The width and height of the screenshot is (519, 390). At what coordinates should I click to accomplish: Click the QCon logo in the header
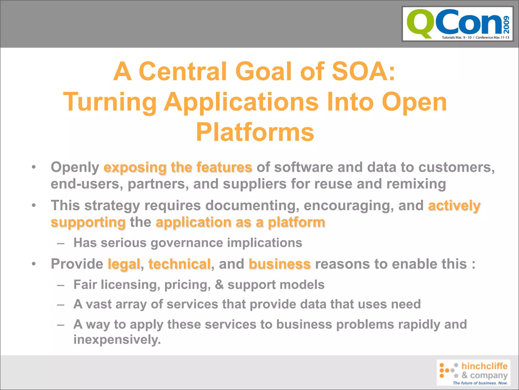click(457, 24)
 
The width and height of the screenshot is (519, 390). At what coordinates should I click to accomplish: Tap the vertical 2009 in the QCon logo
click(506, 25)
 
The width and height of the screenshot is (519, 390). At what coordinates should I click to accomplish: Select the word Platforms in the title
click(255, 132)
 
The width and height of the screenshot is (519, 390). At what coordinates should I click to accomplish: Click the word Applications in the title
click(241, 102)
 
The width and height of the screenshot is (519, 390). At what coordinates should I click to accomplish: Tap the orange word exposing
click(135, 168)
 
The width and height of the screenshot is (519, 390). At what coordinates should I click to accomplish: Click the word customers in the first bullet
click(456, 168)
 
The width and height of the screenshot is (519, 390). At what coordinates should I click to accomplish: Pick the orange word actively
click(454, 205)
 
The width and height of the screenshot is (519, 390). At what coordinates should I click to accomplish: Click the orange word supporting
click(88, 222)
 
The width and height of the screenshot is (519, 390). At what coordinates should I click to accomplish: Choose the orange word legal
click(124, 264)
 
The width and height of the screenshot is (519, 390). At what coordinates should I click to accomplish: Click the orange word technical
click(179, 264)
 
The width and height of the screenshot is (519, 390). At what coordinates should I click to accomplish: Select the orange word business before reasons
click(280, 264)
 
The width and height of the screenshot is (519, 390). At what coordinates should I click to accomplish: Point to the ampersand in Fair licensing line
click(219, 284)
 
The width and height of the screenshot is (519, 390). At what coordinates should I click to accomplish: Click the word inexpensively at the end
click(117, 339)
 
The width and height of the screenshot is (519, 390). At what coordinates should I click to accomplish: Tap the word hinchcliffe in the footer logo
click(484, 366)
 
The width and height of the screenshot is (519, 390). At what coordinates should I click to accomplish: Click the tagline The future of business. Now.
click(480, 383)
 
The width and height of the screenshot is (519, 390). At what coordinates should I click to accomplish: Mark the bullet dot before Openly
click(34, 168)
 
